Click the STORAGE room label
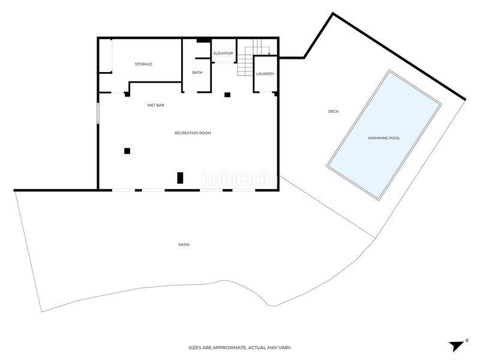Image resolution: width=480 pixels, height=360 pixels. point(143,64)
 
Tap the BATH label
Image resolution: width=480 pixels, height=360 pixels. point(197,73)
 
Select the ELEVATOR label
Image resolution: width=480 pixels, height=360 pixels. point(223,53)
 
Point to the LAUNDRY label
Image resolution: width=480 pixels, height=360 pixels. point(265,74)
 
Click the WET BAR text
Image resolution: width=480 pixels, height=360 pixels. point(155,105)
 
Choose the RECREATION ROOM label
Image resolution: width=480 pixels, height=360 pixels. point(193,133)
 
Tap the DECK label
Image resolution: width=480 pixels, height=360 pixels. point(334,112)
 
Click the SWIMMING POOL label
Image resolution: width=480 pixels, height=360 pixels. point(384,138)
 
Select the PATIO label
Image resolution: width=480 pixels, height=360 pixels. point(184,245)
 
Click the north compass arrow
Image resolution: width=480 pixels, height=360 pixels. point(457,346)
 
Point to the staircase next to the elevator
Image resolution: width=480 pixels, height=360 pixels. point(250,58)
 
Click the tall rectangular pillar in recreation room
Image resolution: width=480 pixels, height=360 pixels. point(180,178)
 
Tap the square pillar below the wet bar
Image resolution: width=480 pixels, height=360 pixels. point(127,151)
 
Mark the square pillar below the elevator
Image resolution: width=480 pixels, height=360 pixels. point(227,95)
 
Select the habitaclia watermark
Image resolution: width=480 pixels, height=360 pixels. point(239,179)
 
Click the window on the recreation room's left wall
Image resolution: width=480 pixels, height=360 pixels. point(98,113)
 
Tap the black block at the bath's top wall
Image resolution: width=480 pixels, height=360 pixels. point(203,40)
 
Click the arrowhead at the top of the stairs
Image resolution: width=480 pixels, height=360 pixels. point(269,54)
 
